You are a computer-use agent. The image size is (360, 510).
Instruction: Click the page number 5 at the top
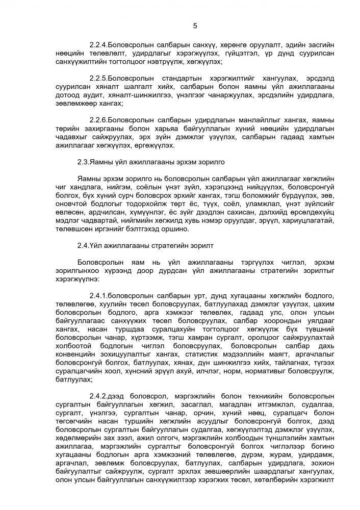pyautogui.click(x=195, y=26)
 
